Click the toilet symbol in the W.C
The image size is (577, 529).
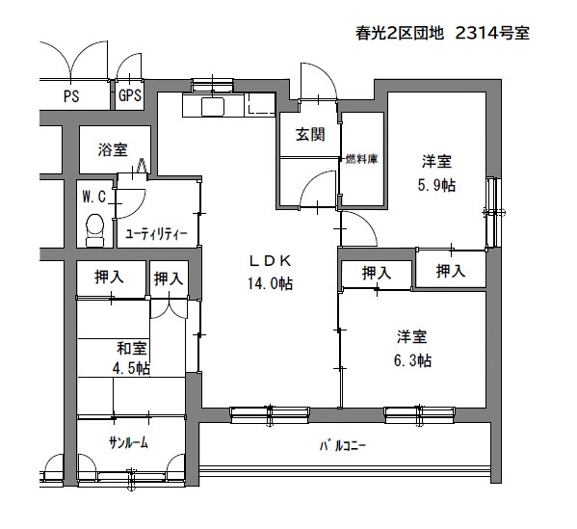pos(95,230)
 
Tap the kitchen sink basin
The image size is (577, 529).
pos(213,107)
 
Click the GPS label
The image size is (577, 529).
pos(130,95)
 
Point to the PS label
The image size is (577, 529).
pos(71,96)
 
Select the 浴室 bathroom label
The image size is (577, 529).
pos(113,149)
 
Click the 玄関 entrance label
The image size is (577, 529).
pos(310,135)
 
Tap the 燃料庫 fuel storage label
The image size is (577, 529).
pos(361,159)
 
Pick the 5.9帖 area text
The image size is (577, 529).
pos(436,185)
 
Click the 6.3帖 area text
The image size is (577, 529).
pos(412,360)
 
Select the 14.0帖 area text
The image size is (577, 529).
pos(270,284)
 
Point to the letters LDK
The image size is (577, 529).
pos(271,261)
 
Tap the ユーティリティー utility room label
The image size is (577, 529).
pos(156,234)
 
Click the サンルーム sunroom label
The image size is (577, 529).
pos(128,443)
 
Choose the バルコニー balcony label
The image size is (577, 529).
pos(343,446)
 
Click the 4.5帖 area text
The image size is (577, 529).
pos(131,368)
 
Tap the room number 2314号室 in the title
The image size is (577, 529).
pos(492,33)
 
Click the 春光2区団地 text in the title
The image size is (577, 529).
pos(399,33)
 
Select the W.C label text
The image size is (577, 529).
pos(93,197)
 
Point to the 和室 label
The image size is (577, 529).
pos(131,348)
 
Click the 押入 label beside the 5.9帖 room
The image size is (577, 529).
pos(451,272)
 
